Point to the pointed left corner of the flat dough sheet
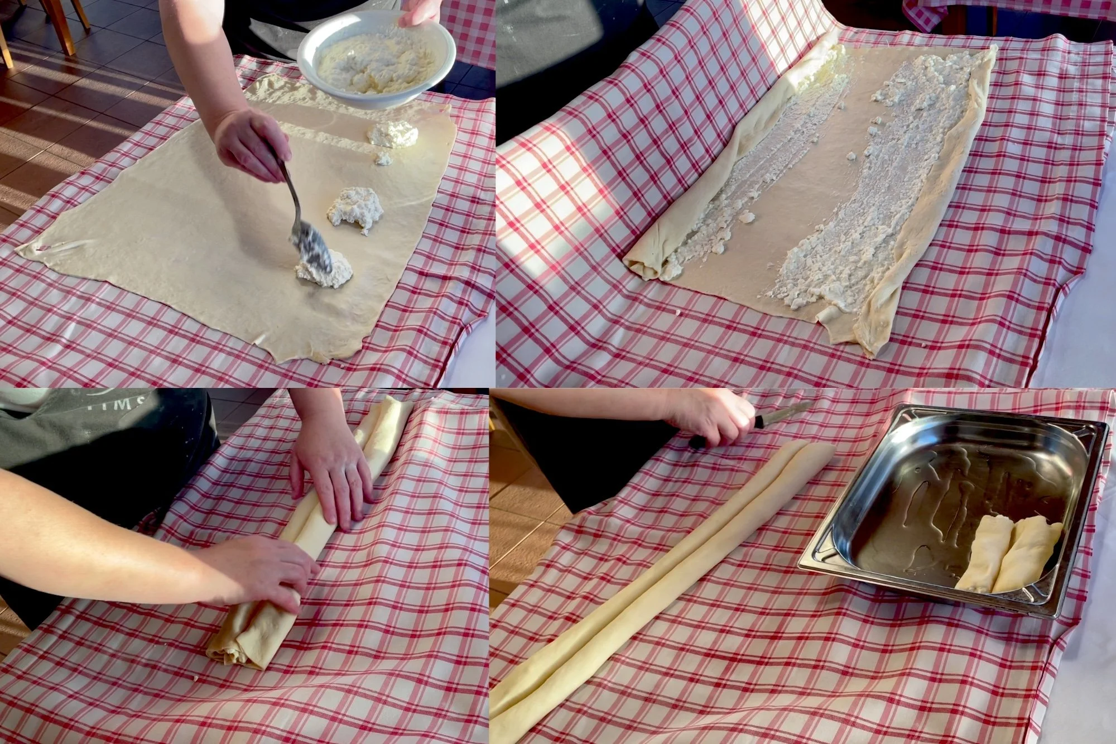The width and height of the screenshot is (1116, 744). coord(22,251)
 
